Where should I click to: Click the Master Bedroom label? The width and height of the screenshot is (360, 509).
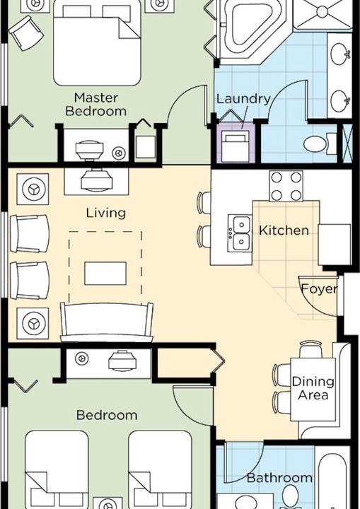tap(95, 104)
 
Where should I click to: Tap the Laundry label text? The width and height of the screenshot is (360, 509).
tap(243, 99)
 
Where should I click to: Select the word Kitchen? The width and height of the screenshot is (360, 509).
tap(284, 230)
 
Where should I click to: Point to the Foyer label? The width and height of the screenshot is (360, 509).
tap(320, 288)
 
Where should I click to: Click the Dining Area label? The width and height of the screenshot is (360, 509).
tap(313, 388)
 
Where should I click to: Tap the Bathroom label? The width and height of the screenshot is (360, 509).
tap(279, 477)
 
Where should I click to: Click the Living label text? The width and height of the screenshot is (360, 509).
tap(106, 213)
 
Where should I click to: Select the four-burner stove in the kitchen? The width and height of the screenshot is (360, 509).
tap(286, 187)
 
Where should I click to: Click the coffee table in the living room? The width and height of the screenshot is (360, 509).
tap(105, 274)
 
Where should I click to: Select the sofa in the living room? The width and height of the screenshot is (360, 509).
tap(107, 322)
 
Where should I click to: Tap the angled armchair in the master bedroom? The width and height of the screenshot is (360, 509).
tap(26, 33)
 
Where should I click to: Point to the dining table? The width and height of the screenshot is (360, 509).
tap(313, 390)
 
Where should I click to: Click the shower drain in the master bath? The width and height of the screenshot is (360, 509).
tap(323, 12)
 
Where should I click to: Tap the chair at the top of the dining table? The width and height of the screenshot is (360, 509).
tap(311, 349)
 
